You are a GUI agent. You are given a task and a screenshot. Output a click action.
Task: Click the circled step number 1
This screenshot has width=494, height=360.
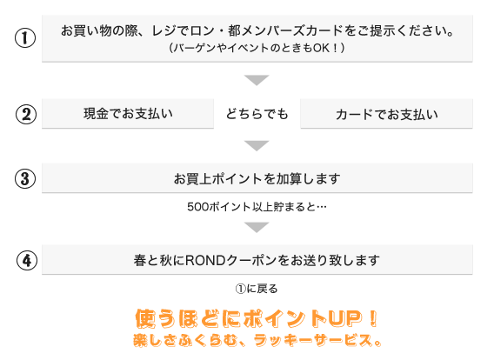coord(25,38)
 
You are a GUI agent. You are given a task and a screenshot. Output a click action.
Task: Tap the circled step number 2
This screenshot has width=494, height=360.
coord(26,114)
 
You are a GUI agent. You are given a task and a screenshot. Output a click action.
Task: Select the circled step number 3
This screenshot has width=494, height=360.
coord(25,178)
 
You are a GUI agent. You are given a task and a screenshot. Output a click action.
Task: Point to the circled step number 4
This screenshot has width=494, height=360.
coord(27,261)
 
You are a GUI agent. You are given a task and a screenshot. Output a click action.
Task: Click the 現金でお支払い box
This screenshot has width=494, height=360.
coord(128,114)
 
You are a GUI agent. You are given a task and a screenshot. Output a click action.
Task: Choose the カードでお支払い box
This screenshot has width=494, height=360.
coord(386,114)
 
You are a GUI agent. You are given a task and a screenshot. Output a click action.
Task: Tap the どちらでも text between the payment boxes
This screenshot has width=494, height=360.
coord(257,114)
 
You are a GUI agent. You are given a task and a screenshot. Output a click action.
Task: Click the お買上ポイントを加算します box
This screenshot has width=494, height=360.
coord(257,178)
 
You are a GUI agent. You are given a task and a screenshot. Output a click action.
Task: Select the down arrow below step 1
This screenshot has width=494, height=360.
coord(257,80)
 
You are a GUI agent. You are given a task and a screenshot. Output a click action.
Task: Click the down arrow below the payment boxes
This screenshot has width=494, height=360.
coord(257,145)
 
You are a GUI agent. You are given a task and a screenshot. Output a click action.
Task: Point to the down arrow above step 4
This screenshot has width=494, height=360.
coord(257,227)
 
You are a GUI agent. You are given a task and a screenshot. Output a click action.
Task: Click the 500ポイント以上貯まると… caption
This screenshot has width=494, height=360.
coord(257,207)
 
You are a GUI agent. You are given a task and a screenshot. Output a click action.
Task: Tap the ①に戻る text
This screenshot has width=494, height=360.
coord(257,289)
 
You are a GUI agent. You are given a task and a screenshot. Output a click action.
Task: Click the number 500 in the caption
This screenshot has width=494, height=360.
coord(197,207)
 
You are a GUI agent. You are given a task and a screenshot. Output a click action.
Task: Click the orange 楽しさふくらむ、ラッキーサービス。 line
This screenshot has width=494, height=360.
coord(257,340)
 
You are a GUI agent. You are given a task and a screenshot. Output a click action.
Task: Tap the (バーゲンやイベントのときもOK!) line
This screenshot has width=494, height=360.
coord(257,48)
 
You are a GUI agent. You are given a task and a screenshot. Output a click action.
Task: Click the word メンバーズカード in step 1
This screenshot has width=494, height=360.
coord(292,30)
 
